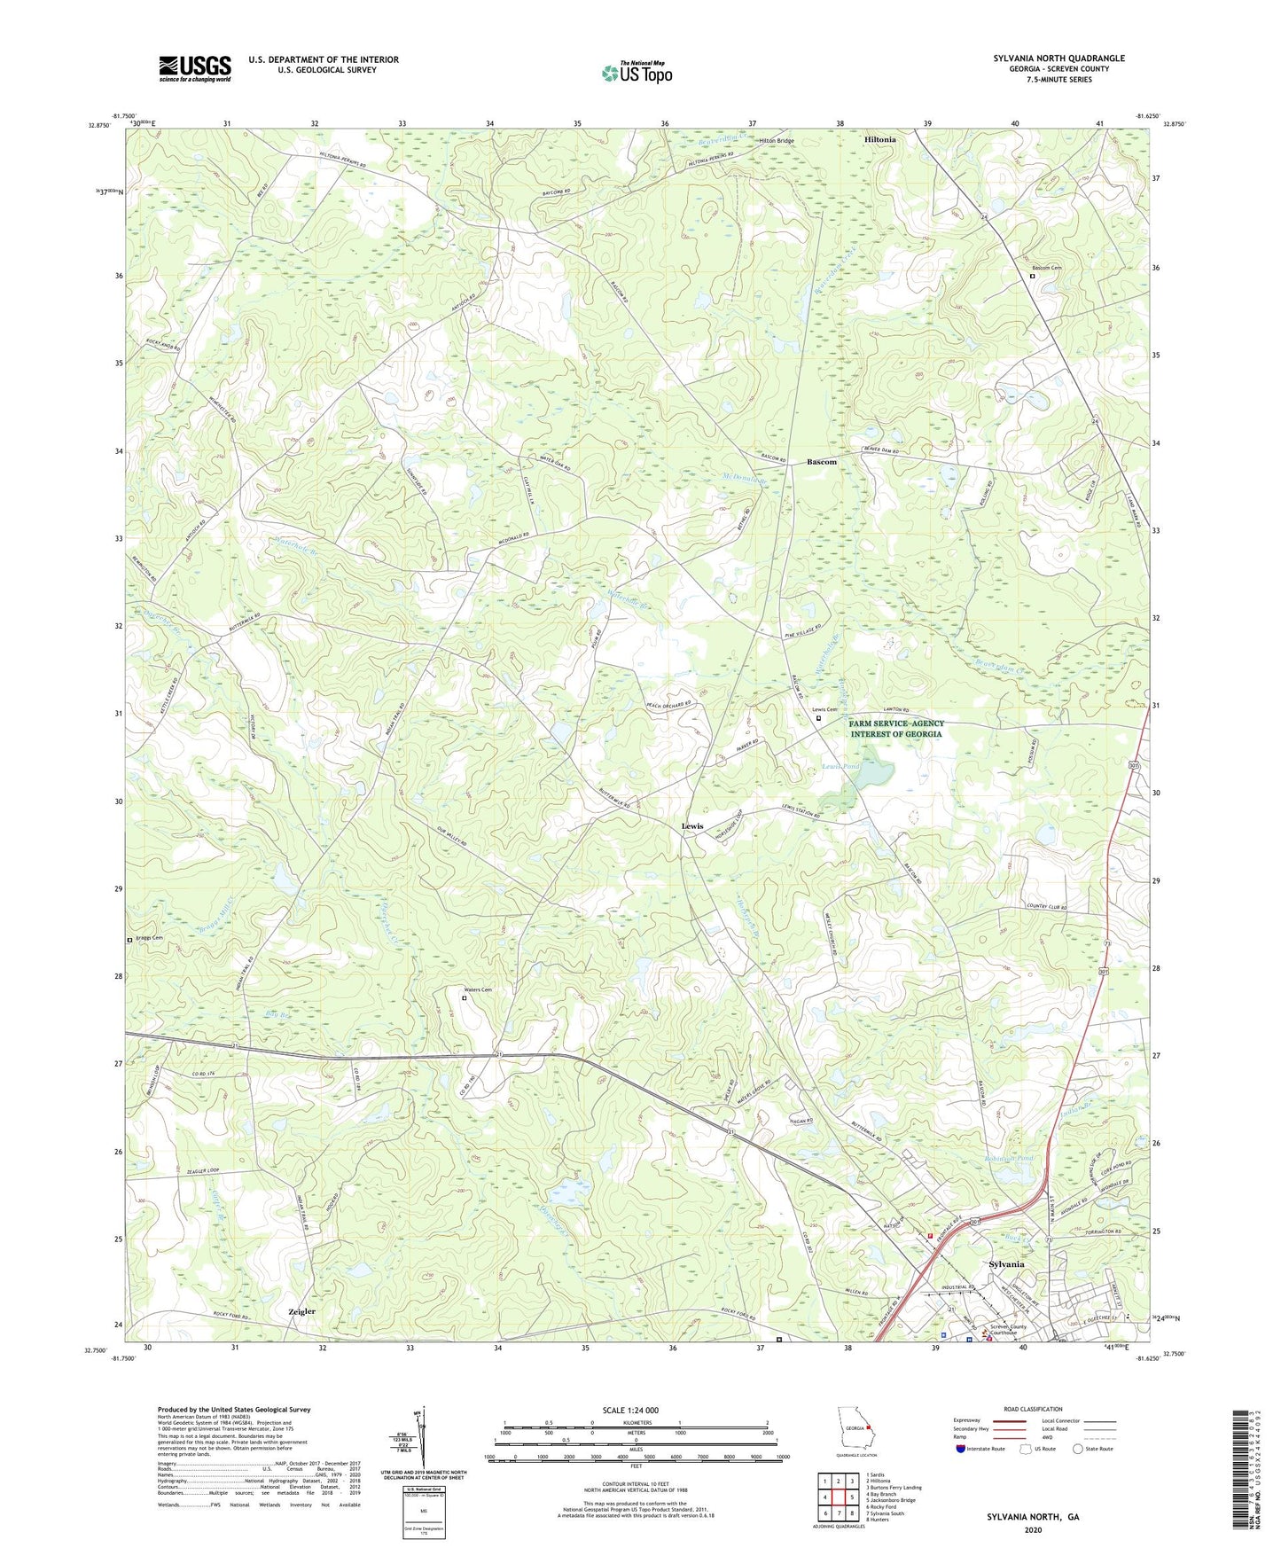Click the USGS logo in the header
(x=195, y=68)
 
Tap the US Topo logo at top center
(x=636, y=73)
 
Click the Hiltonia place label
(x=879, y=140)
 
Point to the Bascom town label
(x=821, y=462)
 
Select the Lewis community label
(x=691, y=826)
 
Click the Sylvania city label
(x=1006, y=1264)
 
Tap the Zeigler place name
(x=301, y=1311)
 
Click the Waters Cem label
(x=475, y=989)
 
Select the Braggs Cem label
(x=149, y=938)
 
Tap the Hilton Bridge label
(x=776, y=141)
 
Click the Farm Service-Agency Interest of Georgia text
(x=895, y=729)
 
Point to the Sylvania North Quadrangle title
(x=1058, y=59)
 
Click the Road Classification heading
(x=1033, y=1409)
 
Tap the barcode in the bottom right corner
(x=1242, y=1473)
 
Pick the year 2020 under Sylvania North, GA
(x=1033, y=1529)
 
